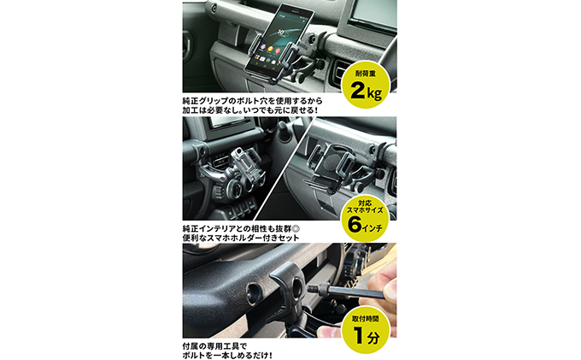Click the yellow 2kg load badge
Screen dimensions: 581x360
pos(366,85)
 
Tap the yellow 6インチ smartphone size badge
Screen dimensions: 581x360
pos(366,218)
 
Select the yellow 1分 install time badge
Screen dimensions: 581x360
pos(366,329)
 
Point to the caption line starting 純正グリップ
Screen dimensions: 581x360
pos(252,100)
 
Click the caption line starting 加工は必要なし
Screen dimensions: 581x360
pos(250,110)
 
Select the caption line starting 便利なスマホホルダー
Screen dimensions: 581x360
pos(241,238)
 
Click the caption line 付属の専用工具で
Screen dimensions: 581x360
pos(214,346)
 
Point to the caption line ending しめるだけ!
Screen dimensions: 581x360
pos(227,356)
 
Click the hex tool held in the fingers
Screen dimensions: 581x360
pos(349,292)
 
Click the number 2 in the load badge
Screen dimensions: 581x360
pos(357,91)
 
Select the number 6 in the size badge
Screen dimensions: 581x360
pos(355,224)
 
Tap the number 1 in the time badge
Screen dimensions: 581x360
pos(358,335)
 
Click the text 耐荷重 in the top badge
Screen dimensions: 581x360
pos(366,74)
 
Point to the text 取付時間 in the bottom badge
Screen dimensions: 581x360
pos(366,318)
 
